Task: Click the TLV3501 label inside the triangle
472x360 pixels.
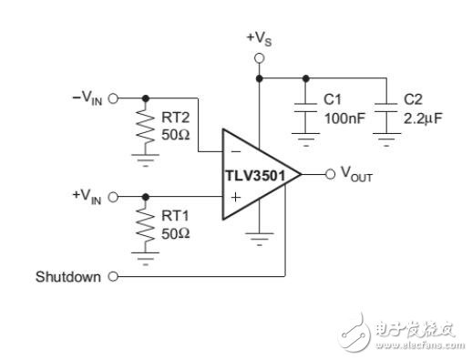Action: pyautogui.click(x=255, y=176)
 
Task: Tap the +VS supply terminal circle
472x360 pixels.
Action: pyautogui.click(x=259, y=58)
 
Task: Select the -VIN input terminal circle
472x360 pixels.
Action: pyautogui.click(x=113, y=98)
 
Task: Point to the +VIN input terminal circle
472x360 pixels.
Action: pyautogui.click(x=113, y=197)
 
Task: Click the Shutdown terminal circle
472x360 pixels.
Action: pyautogui.click(x=113, y=276)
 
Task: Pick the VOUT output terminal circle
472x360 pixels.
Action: pyautogui.click(x=330, y=174)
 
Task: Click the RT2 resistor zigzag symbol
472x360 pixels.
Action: pyautogui.click(x=146, y=126)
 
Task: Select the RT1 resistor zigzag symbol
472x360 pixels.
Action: pyautogui.click(x=146, y=224)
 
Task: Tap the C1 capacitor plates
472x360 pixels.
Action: pyautogui.click(x=306, y=108)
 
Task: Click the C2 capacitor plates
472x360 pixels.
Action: pyautogui.click(x=386, y=108)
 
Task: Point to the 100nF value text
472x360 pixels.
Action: pyautogui.click(x=344, y=118)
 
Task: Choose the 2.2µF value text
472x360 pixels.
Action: pyautogui.click(x=423, y=118)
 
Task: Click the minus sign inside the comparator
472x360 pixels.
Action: pyautogui.click(x=236, y=151)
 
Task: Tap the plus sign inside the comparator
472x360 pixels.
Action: pyautogui.click(x=236, y=198)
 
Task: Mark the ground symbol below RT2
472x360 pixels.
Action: pyautogui.click(x=146, y=160)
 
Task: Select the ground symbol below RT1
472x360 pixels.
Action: pyautogui.click(x=146, y=259)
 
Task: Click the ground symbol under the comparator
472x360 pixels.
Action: pyautogui.click(x=260, y=240)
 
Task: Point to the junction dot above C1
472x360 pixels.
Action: pyautogui.click(x=306, y=78)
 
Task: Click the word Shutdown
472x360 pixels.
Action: pyautogui.click(x=68, y=277)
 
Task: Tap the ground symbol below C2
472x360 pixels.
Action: pyautogui.click(x=386, y=139)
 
